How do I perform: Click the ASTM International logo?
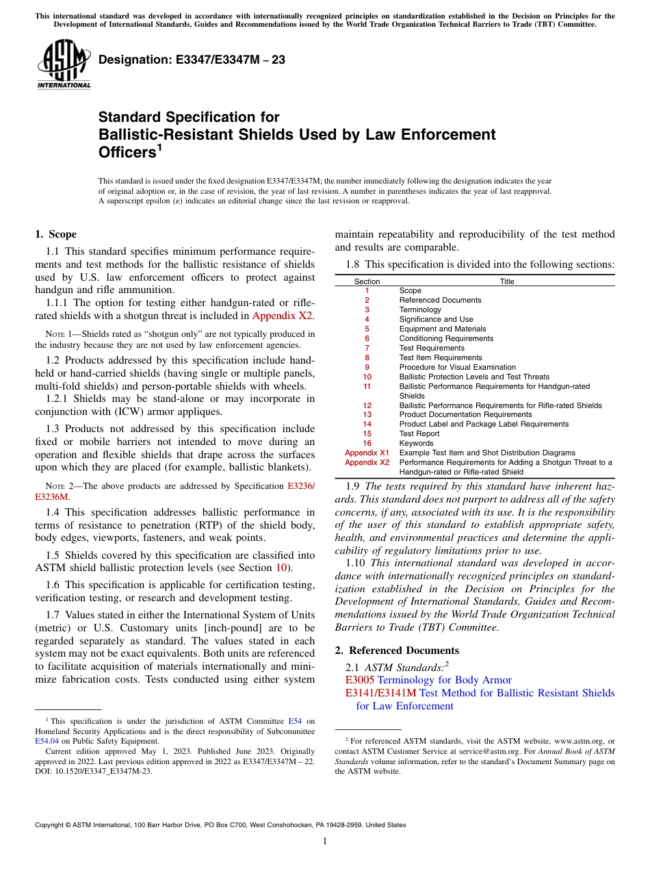(x=64, y=64)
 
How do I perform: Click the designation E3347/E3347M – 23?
(x=192, y=60)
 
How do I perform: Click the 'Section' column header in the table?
(x=367, y=281)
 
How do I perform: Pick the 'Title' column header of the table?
(x=507, y=281)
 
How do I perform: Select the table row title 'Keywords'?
(x=417, y=443)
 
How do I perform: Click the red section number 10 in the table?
(x=367, y=377)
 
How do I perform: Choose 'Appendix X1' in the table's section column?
(x=367, y=453)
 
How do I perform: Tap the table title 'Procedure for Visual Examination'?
(x=457, y=367)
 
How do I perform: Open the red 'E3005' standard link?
(x=360, y=680)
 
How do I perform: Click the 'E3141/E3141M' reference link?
(x=380, y=693)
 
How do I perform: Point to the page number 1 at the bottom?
(x=325, y=842)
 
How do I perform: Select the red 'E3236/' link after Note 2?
(x=301, y=486)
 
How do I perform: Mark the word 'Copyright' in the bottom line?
(x=51, y=825)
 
